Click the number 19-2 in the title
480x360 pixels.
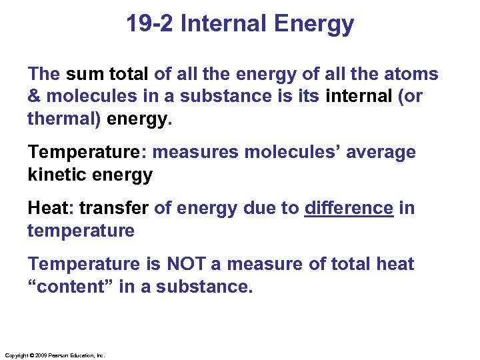(151, 25)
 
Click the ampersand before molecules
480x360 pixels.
(35, 96)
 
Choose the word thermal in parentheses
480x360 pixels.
(63, 119)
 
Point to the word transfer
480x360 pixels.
(114, 208)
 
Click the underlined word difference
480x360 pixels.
(349, 208)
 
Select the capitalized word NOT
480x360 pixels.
(186, 264)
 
